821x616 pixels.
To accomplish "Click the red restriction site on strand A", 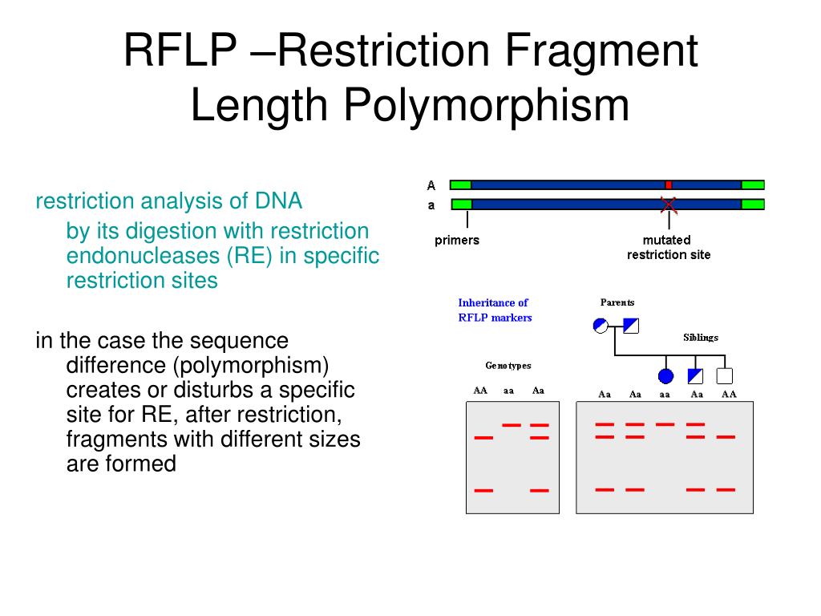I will (669, 184).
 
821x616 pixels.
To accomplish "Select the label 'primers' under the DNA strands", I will (457, 240).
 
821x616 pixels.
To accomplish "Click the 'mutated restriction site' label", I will (669, 247).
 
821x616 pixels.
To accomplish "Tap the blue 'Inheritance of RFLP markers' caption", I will (494, 310).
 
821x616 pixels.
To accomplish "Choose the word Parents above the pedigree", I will (617, 302).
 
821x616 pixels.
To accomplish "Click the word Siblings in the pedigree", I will (701, 337).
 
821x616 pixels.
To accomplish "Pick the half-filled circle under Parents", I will (601, 325).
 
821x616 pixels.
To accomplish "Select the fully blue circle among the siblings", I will (665, 375).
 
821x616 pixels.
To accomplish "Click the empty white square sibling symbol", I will (726, 375).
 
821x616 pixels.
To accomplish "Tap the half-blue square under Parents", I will (630, 325).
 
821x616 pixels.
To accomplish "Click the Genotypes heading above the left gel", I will (508, 366).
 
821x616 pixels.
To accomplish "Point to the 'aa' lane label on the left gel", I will (508, 391).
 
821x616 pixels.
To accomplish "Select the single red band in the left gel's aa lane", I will (512, 424).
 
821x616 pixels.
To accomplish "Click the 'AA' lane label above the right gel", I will (728, 394).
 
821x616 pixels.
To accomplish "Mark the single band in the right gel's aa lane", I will (665, 423).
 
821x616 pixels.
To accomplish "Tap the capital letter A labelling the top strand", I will (431, 185).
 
